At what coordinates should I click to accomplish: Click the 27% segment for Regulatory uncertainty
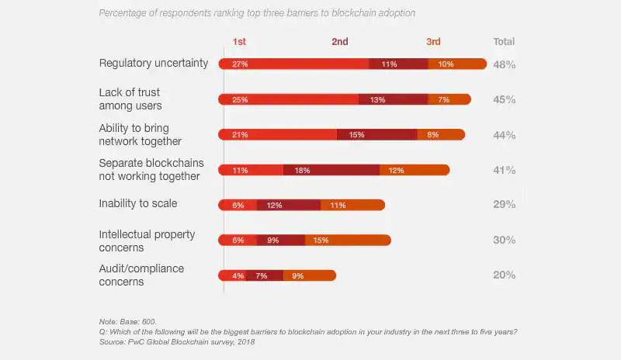pyautogui.click(x=293, y=64)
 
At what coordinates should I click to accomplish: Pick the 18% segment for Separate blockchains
pyautogui.click(x=331, y=170)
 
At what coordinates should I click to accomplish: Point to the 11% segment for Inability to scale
pyautogui.click(x=352, y=205)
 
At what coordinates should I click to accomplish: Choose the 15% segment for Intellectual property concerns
pyautogui.click(x=348, y=241)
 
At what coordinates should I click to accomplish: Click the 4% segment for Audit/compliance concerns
pyautogui.click(x=233, y=275)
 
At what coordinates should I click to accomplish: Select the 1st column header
pyautogui.click(x=240, y=42)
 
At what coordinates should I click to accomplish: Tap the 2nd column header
pyautogui.click(x=340, y=42)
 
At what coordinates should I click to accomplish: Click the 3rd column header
pyautogui.click(x=433, y=42)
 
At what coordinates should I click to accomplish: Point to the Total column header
pyautogui.click(x=504, y=42)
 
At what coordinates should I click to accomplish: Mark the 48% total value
pyautogui.click(x=504, y=64)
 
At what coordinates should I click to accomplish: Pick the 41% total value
pyautogui.click(x=504, y=170)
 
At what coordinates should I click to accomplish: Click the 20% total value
pyautogui.click(x=504, y=275)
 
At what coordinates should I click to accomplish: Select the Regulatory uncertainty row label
pyautogui.click(x=154, y=63)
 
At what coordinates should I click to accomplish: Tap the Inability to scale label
pyautogui.click(x=138, y=203)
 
